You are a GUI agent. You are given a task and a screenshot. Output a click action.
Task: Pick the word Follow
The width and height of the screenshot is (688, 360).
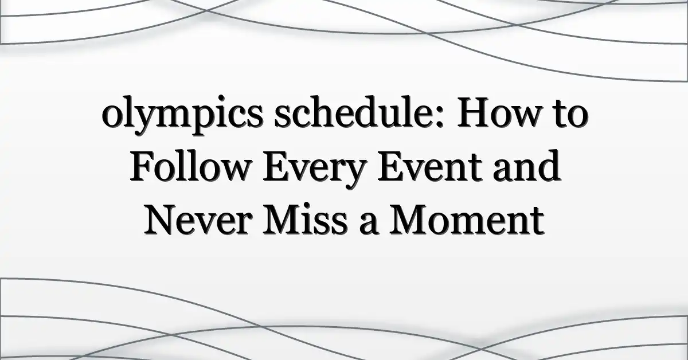pos(189,166)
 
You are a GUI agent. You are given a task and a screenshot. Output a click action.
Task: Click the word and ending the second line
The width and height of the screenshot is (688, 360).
pos(527,166)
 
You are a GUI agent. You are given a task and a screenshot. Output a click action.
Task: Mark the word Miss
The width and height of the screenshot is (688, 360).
pos(305,220)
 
